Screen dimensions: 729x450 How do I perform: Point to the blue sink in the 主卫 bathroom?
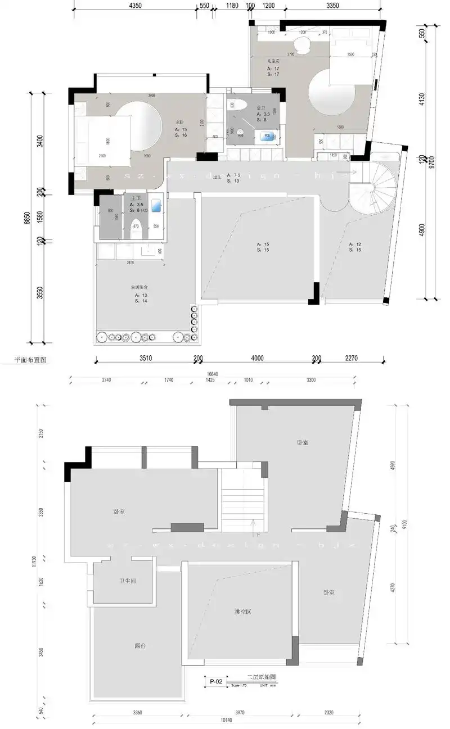[157, 205]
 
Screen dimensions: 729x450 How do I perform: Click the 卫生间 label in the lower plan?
[127, 581]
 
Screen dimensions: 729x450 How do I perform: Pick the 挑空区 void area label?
[242, 612]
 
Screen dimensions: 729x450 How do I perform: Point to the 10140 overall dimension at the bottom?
[225, 720]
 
